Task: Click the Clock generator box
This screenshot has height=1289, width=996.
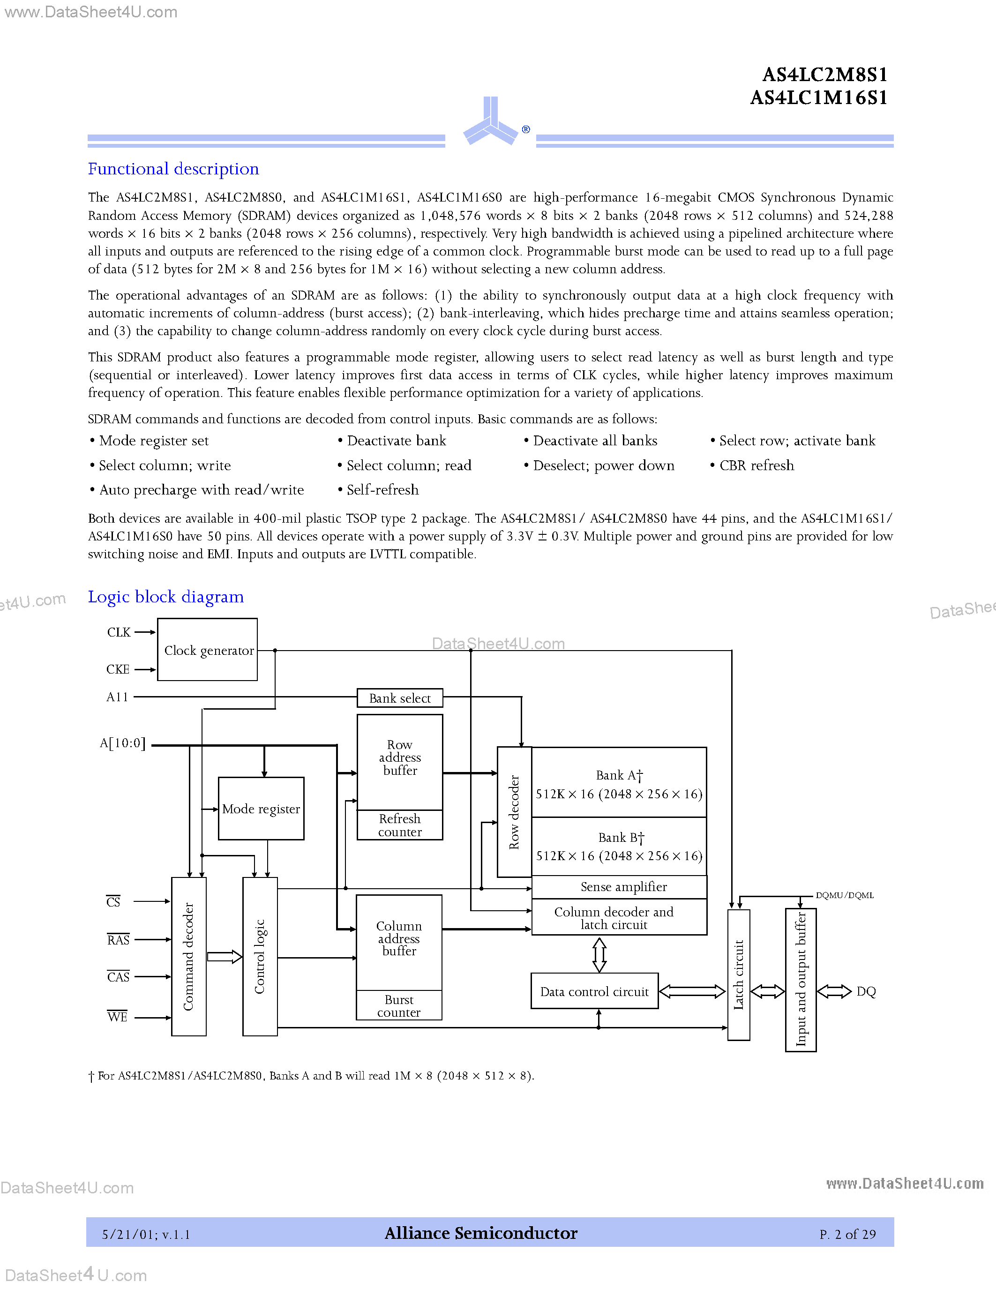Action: point(208,650)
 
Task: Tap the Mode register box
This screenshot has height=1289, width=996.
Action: point(261,809)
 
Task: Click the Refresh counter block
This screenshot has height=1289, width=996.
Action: point(399,825)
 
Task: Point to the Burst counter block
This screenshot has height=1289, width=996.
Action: point(399,1006)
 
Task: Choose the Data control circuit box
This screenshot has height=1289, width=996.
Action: point(594,991)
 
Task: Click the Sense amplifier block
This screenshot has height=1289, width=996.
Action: point(619,886)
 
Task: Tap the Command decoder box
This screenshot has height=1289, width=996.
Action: point(188,956)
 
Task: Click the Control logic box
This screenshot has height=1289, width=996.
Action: point(260,956)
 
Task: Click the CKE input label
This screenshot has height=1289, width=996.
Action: point(118,669)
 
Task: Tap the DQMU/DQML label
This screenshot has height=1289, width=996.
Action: point(844,895)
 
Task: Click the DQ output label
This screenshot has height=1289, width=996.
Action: point(866,991)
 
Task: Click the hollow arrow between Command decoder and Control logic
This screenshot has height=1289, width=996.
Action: point(224,957)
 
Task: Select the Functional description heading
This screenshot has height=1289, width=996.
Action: point(173,169)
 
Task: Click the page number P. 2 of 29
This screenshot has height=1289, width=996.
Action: point(847,1234)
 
